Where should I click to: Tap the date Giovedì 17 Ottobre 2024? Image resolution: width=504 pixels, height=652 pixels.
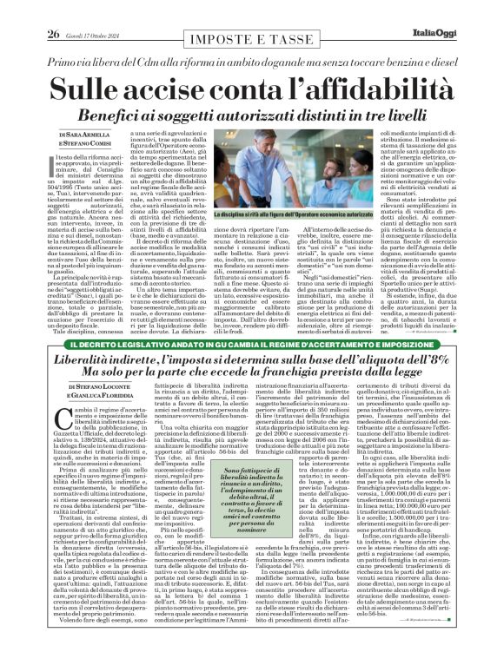click(87, 11)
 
